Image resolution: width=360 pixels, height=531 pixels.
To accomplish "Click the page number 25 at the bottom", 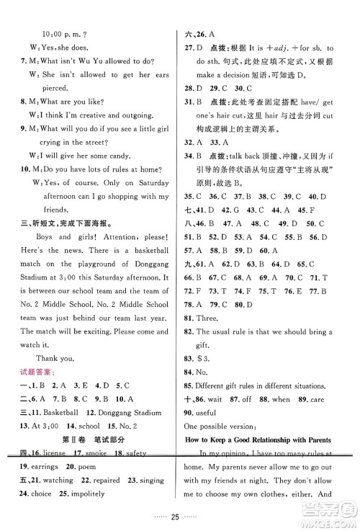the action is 179,517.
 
